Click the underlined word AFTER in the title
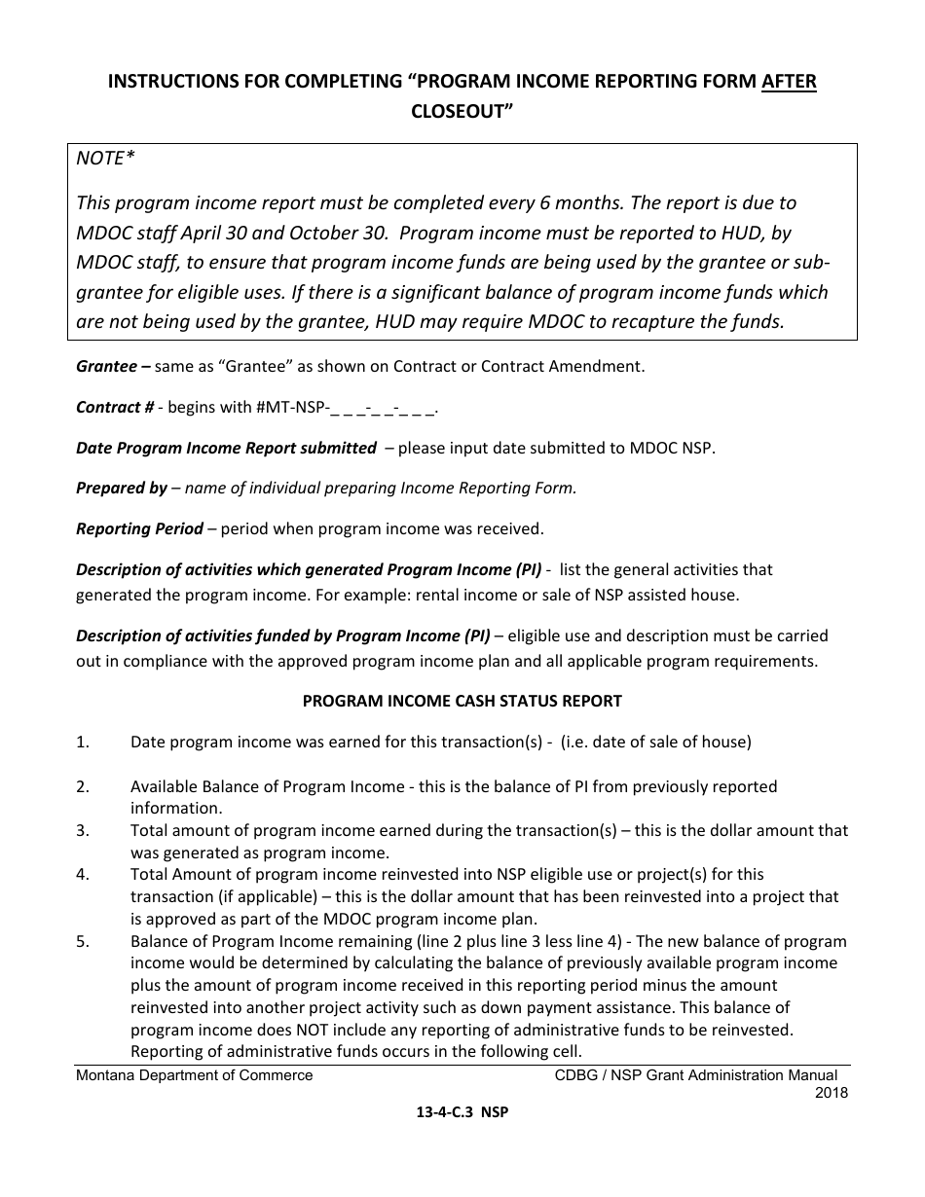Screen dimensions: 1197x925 pos(789,83)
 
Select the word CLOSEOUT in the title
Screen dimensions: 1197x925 pos(462,112)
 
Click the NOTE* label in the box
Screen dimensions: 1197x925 pos(102,159)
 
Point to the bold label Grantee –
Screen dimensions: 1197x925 pos(113,366)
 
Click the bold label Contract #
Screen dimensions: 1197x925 pos(115,408)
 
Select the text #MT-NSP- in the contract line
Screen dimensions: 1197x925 pos(292,408)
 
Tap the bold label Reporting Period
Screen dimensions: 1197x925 pos(139,528)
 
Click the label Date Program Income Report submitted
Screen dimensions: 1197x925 pos(226,448)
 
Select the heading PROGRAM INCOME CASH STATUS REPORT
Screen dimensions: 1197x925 pos(462,701)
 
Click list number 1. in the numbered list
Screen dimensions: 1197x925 pos(83,742)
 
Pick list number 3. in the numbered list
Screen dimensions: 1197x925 pos(83,830)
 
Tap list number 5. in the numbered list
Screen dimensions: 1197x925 pos(83,941)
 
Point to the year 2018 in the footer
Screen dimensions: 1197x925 pos(831,1092)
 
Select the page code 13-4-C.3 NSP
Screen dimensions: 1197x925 pos(462,1115)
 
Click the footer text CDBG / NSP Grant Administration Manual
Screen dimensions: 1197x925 pos(695,1075)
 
